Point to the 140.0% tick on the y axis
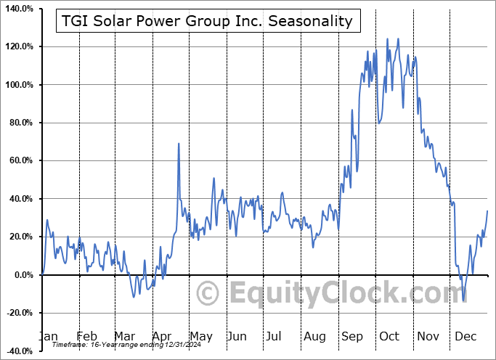pos(19,9)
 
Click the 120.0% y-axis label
pos(19,46)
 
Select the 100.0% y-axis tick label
pos(19,85)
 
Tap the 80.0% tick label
pos(21,123)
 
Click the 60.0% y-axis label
pos(21,160)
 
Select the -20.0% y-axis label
pos(20,313)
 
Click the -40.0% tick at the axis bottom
pos(20,351)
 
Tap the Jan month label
pos(48,336)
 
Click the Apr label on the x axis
pos(161,336)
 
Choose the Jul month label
pos(274,336)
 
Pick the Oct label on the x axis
pos(389,336)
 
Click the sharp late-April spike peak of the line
pos(179,144)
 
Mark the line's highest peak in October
pos(397,38)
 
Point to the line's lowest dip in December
pos(463,300)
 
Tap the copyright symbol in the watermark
pos(208,294)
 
